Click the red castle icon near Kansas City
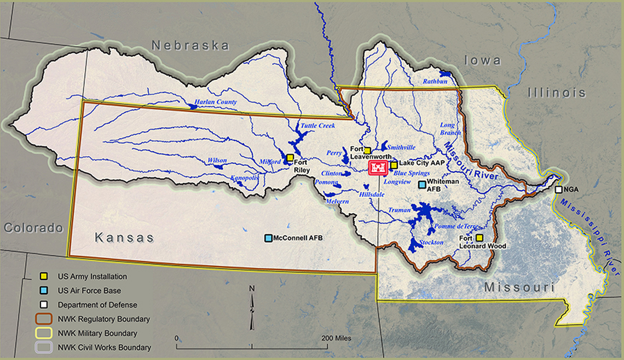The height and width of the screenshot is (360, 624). click(378, 168)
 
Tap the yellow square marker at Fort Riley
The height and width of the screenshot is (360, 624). click(290, 158)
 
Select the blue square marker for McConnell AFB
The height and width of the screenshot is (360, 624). click(268, 238)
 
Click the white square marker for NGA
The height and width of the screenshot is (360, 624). click(558, 190)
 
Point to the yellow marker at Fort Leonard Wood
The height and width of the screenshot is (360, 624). click(479, 238)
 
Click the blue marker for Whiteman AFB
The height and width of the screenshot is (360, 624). click(421, 185)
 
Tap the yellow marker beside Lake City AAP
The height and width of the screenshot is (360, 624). click(394, 165)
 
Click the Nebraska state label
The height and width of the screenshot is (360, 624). click(190, 45)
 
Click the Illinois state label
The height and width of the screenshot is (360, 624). click(556, 93)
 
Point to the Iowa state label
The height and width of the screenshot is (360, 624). click(482, 60)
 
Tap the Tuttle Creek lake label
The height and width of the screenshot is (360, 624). click(317, 126)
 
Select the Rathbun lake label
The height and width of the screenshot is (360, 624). click(435, 81)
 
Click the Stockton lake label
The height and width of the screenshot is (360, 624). click(431, 242)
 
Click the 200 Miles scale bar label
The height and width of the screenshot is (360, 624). click(337, 338)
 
